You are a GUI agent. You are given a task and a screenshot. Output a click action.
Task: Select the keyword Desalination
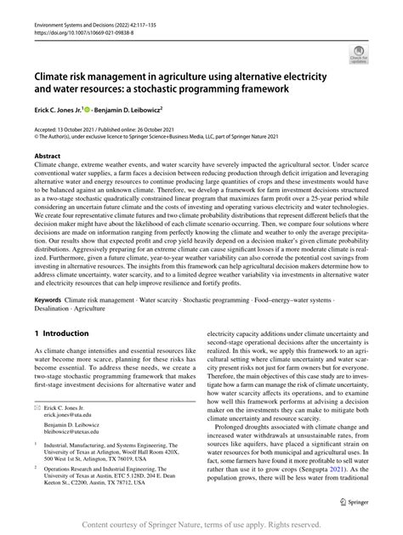56,310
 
